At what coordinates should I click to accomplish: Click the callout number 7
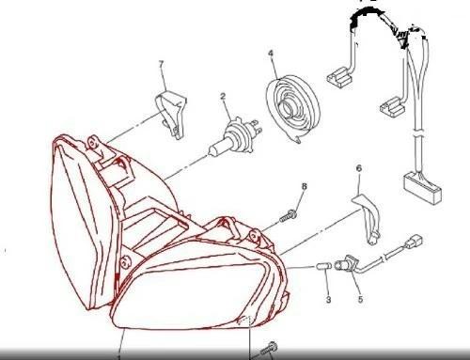pos(162,64)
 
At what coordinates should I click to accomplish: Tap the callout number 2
pos(223,96)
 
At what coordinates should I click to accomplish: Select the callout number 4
pos(271,54)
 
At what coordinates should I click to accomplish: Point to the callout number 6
pos(359,168)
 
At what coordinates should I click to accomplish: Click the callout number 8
pos(304,186)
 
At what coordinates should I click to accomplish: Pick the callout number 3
pos(328,300)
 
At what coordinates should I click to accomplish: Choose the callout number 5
pos(360,299)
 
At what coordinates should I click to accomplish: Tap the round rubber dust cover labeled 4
pos(293,107)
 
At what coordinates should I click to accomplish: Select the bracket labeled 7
pos(171,115)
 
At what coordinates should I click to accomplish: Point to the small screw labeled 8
pos(289,216)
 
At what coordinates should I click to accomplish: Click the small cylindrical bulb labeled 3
pos(324,266)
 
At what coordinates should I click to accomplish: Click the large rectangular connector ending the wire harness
pos(422,187)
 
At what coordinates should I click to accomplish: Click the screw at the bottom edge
pos(269,349)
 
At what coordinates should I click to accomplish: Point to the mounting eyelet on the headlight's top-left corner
pos(92,143)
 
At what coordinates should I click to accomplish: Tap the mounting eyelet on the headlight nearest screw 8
pos(255,236)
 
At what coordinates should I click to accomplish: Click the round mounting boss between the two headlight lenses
pos(126,262)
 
